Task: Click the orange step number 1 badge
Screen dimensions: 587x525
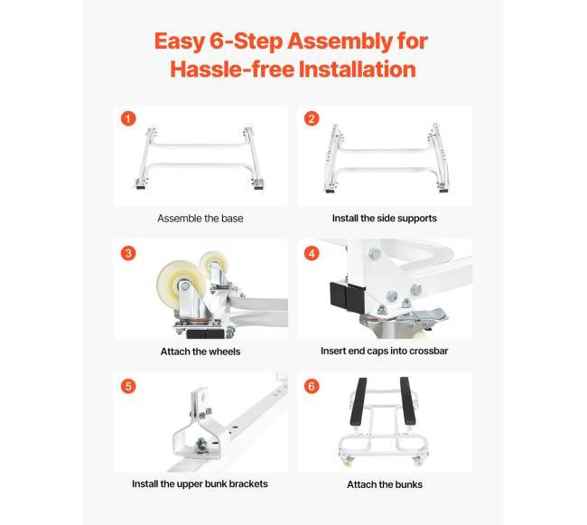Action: point(128,118)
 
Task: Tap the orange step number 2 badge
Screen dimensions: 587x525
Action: point(312,118)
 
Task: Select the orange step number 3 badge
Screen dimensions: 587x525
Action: point(128,253)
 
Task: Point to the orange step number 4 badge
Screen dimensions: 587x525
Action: point(312,253)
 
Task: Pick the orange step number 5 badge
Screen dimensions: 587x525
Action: point(128,386)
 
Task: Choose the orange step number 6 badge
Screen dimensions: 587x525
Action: point(312,386)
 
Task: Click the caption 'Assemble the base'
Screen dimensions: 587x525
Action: point(200,219)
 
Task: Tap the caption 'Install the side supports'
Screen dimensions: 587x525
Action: point(385,219)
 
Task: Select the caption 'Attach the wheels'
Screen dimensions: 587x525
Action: point(200,352)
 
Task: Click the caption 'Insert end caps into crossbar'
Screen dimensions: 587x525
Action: point(385,351)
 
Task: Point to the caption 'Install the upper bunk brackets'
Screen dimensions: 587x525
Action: point(200,483)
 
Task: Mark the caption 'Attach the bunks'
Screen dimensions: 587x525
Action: point(385,484)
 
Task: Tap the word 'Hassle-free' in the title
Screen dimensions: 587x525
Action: point(232,70)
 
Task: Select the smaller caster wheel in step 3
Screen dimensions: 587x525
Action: point(214,264)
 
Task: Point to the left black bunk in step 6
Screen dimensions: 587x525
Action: point(359,400)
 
